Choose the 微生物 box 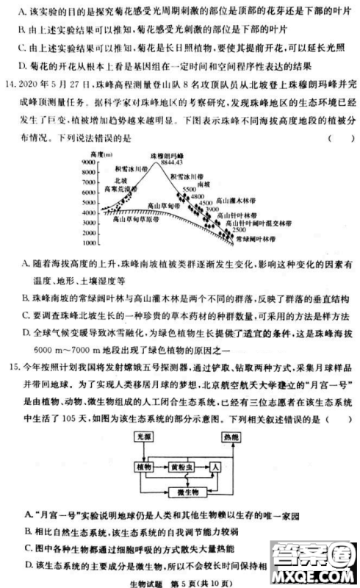[x=178, y=490]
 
